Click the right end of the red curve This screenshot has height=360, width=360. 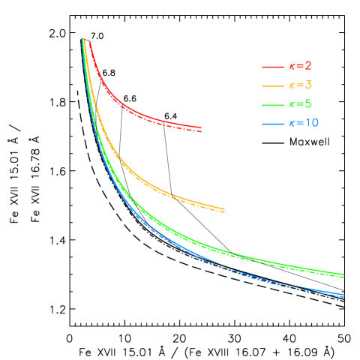click(x=201, y=129)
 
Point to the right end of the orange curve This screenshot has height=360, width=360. click(x=224, y=209)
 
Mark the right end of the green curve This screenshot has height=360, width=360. click(x=343, y=275)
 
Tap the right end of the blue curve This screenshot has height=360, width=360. click(x=343, y=295)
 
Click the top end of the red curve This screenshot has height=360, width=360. click(x=89, y=41)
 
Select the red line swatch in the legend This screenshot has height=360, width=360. click(x=272, y=67)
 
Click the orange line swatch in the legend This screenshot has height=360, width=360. click(x=272, y=85)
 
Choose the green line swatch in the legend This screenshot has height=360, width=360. click(x=272, y=104)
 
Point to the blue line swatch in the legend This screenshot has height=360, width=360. click(x=272, y=123)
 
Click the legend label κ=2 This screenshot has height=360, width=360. click(x=300, y=67)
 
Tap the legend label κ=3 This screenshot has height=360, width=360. click(x=300, y=85)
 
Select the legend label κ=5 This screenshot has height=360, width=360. click(x=300, y=104)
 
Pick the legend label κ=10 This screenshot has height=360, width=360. click(x=304, y=123)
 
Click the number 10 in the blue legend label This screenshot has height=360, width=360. click(x=311, y=123)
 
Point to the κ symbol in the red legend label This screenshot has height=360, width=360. click(x=291, y=67)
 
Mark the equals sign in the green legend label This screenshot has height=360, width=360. click(x=298, y=104)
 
